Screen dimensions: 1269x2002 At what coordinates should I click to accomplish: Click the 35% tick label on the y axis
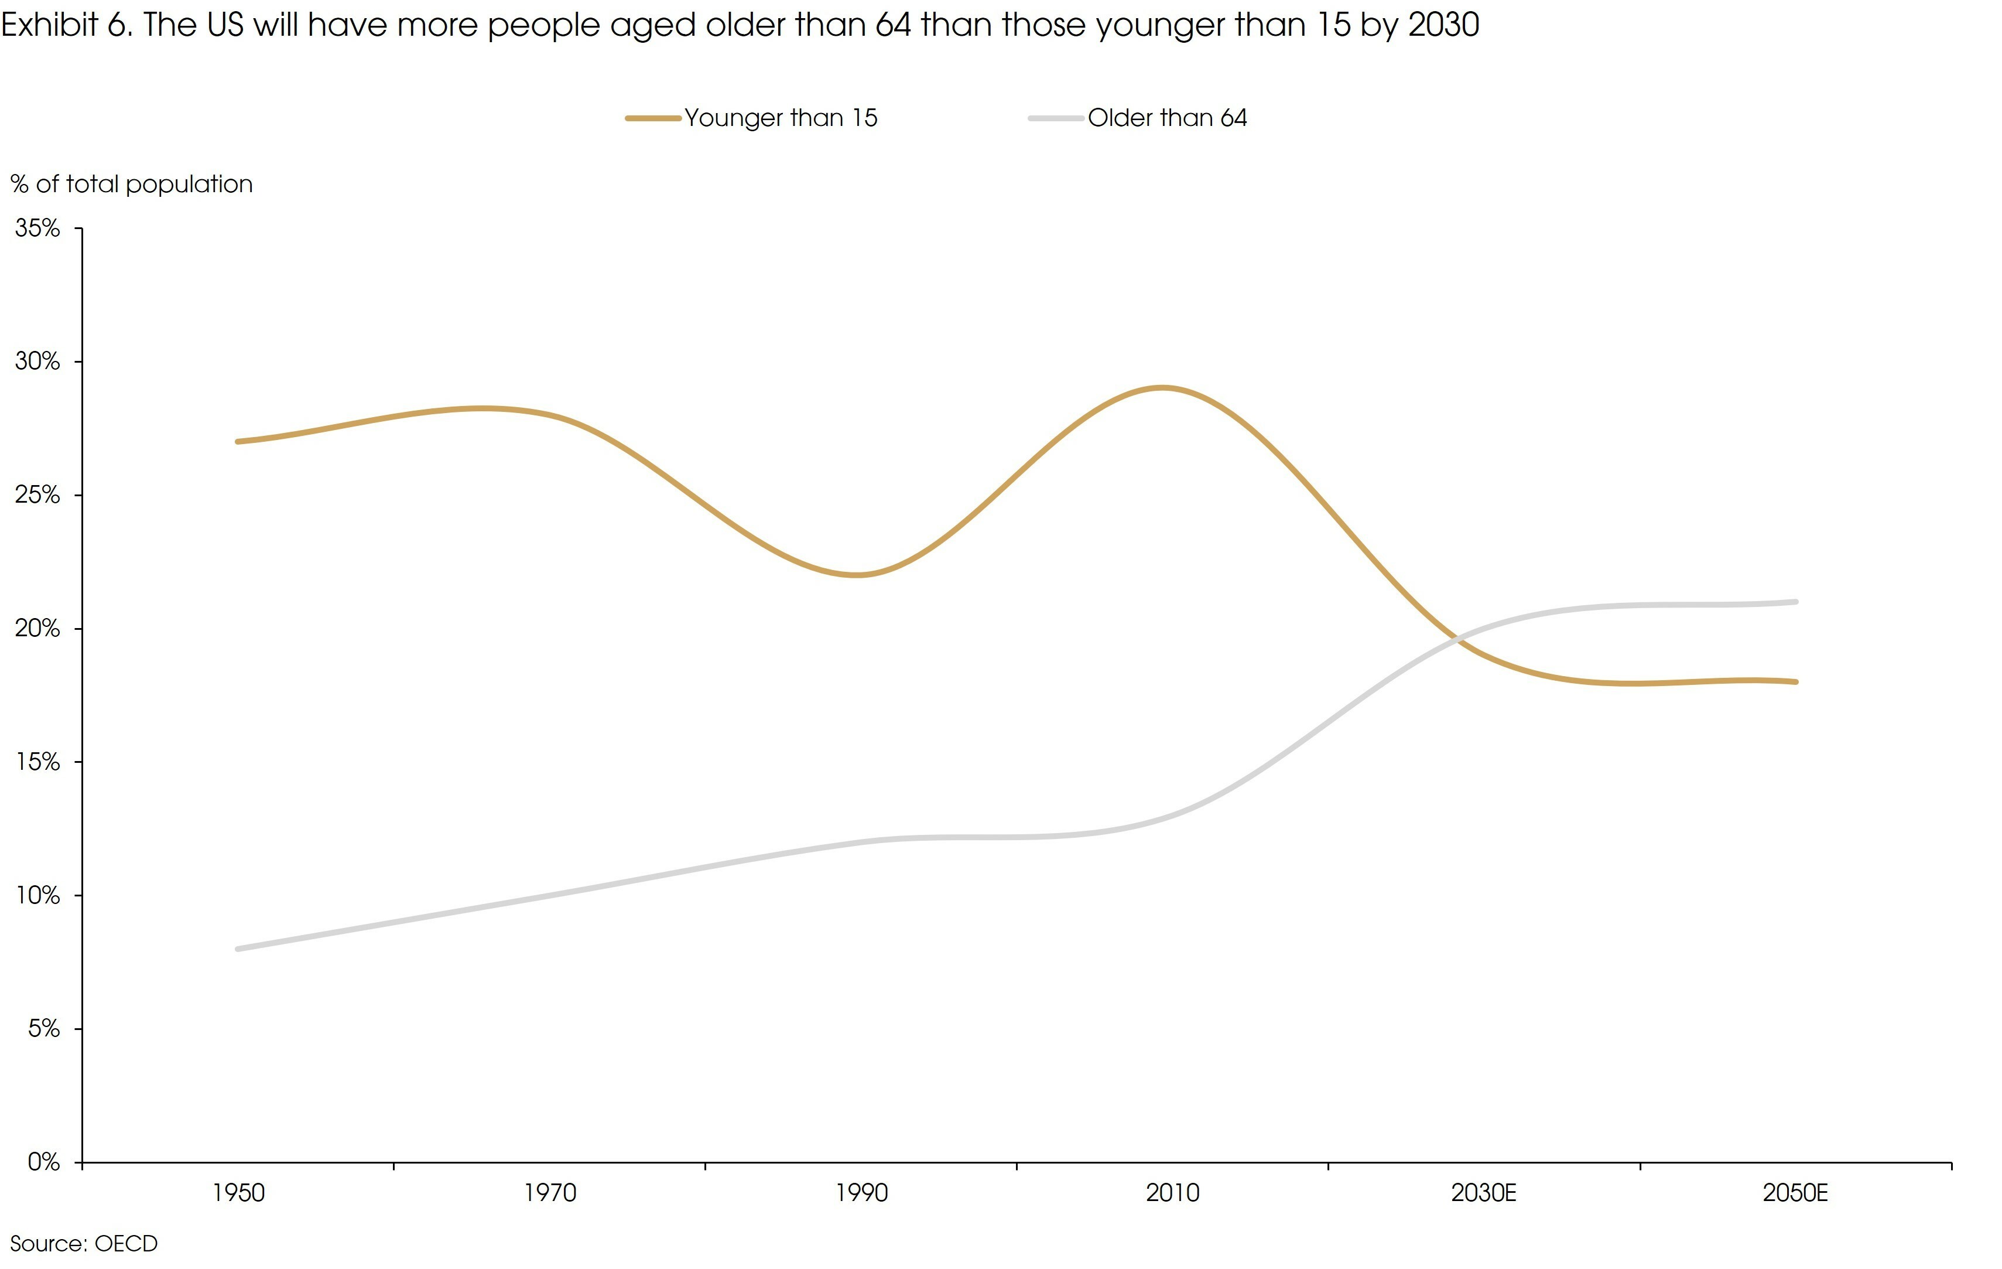(37, 228)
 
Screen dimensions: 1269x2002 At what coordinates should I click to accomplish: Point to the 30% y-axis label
(37, 361)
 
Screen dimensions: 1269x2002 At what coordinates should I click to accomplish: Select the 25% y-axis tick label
(37, 496)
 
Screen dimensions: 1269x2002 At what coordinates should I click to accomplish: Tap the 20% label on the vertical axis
(37, 629)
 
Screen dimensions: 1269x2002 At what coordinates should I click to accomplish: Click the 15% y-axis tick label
(37, 763)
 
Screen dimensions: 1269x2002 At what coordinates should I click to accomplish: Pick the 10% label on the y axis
(37, 896)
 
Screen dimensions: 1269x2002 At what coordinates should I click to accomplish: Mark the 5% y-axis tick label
(43, 1029)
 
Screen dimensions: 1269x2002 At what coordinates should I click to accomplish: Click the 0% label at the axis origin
(43, 1162)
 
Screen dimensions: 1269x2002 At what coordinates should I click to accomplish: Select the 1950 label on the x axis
(238, 1194)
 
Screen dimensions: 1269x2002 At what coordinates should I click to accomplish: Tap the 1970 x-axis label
(550, 1194)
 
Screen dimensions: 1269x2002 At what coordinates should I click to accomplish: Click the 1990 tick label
(861, 1194)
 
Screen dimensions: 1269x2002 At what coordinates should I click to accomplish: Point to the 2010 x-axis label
(1172, 1194)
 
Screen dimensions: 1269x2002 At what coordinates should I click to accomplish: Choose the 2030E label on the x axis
(1484, 1194)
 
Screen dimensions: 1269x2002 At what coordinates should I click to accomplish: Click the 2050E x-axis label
(1795, 1194)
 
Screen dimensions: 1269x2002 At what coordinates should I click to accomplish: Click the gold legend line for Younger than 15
(653, 119)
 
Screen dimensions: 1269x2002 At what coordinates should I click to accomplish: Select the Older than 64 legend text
(1167, 118)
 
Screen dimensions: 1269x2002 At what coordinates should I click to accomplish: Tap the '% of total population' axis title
(131, 185)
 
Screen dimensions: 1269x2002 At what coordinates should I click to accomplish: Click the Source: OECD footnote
(83, 1244)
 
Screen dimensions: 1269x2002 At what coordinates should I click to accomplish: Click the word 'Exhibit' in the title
(50, 25)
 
